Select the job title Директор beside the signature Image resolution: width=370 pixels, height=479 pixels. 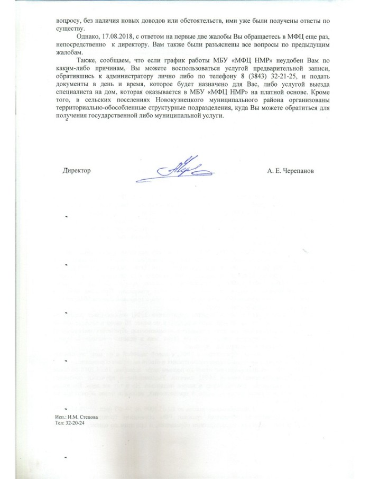(77, 171)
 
